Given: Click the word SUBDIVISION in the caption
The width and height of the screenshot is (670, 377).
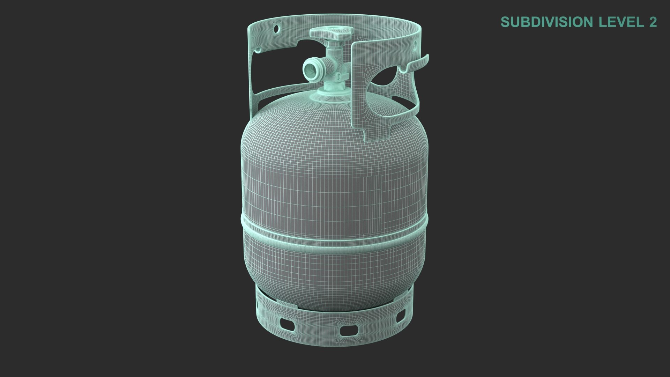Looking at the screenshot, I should coord(548,22).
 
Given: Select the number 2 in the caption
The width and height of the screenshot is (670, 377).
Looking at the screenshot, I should coord(653,22).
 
